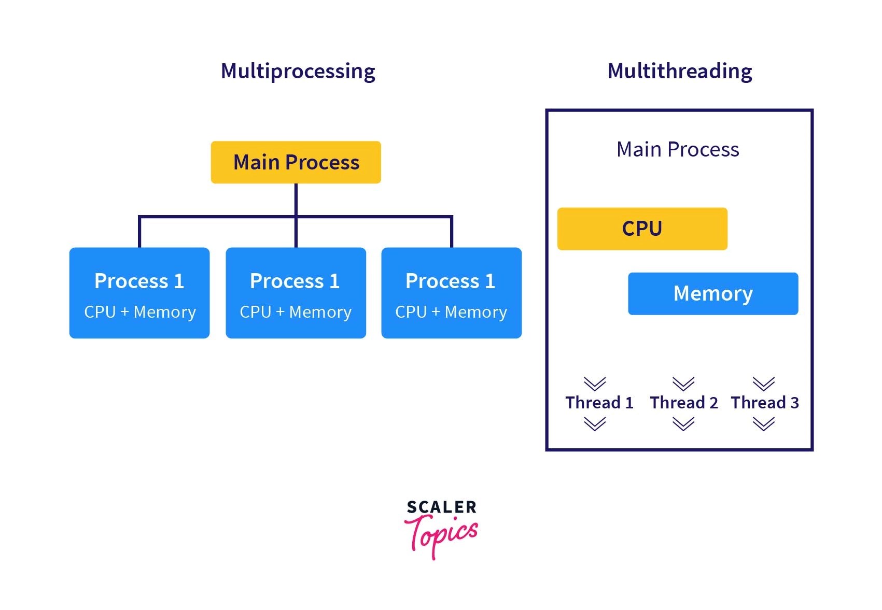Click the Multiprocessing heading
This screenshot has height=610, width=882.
[x=298, y=71]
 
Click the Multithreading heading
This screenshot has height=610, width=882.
[x=679, y=71]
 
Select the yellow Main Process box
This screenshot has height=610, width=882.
[x=296, y=162]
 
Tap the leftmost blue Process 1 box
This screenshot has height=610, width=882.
[x=139, y=293]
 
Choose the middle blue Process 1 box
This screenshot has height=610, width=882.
[x=296, y=293]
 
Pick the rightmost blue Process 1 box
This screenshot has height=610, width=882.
[x=451, y=293]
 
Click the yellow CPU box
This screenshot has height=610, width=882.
[x=642, y=229]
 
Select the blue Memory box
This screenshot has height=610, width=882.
[x=712, y=293]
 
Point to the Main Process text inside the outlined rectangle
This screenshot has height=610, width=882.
[x=677, y=149]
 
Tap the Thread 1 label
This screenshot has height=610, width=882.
[x=599, y=403]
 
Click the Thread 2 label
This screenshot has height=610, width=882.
[x=684, y=403]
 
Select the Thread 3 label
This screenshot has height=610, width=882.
[x=765, y=403]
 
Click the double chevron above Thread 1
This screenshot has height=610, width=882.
[x=595, y=384]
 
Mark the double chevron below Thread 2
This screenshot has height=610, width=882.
[x=683, y=424]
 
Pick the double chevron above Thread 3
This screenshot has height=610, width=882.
[x=764, y=384]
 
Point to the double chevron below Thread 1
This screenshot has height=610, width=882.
[x=595, y=424]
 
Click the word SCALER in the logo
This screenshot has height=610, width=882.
[x=441, y=507]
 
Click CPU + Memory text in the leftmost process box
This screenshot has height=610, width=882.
[x=140, y=312]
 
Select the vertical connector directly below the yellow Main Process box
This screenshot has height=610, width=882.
[x=296, y=200]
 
